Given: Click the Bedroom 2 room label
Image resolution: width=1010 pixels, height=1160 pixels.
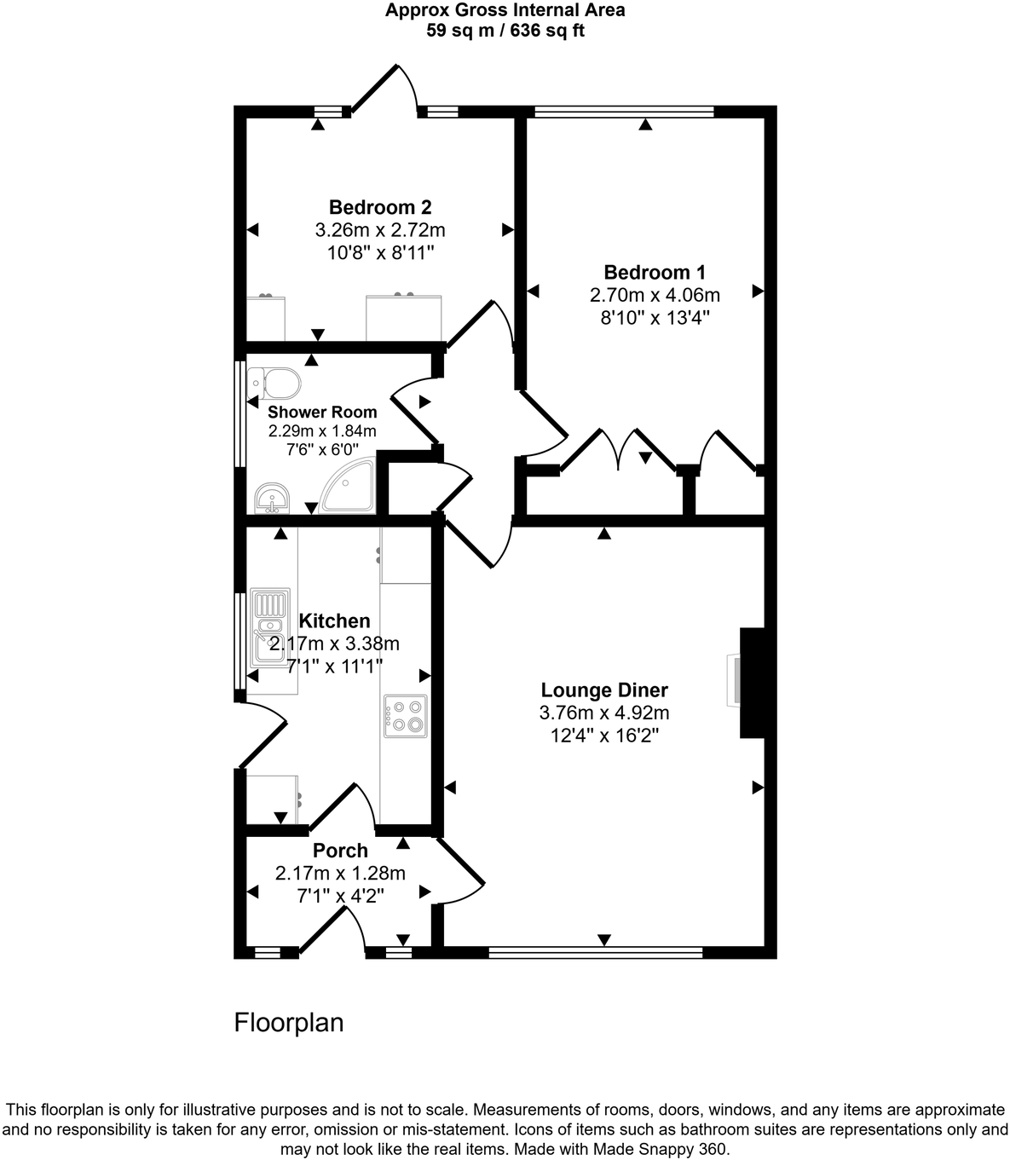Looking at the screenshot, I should coord(380,207).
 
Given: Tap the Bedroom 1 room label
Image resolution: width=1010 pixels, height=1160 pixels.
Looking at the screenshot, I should coord(655,273).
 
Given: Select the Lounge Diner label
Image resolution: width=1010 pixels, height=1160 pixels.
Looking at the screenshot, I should coord(604,690).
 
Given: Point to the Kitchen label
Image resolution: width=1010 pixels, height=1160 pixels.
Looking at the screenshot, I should coord(334,621).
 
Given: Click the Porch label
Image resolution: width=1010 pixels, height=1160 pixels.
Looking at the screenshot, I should coord(340,851).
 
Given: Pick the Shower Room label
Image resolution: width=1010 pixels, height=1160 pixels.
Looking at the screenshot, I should coord(322,413).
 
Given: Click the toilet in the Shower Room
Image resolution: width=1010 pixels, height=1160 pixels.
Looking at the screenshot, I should coord(273,384).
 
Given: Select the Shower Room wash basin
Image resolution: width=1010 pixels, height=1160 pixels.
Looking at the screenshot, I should coord(273,499).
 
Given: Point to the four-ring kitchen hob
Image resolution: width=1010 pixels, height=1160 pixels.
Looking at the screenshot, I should coord(406,716).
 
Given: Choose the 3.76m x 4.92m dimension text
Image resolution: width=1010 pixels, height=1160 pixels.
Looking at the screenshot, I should coord(604,713).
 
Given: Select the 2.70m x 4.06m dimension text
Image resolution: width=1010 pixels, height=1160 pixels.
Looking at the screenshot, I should coord(655,295).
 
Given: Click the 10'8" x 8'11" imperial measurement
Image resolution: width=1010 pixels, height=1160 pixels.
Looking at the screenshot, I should coord(380,252).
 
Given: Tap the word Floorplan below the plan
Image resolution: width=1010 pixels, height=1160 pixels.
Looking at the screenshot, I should coord(289,1023).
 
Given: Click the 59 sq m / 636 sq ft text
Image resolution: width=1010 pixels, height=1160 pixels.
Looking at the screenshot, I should coord(505,32).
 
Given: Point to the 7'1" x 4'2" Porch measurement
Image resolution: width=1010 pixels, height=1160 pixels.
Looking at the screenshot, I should coord(340,896).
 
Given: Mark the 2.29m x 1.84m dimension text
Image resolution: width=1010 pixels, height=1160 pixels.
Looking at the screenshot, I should coord(322,431).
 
